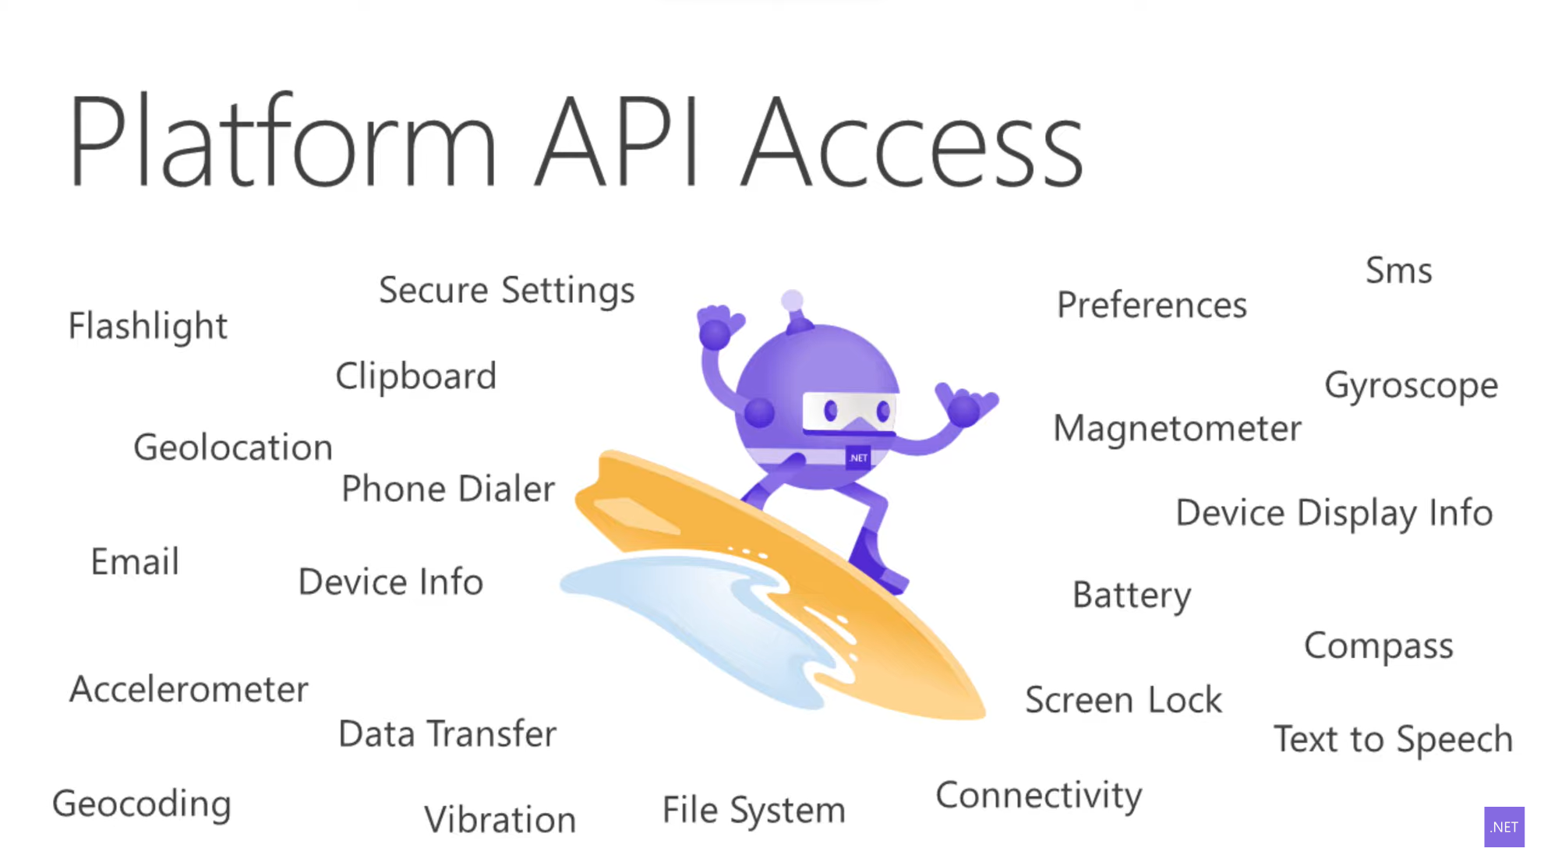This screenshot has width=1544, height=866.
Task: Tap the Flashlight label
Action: click(148, 326)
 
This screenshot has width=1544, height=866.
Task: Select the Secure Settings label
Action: click(507, 291)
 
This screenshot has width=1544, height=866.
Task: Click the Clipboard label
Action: click(415, 376)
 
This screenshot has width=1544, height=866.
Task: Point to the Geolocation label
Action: click(233, 447)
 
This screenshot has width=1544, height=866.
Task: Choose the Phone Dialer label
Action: click(448, 490)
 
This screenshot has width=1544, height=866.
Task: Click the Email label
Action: click(135, 562)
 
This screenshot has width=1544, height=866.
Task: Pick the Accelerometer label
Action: click(189, 690)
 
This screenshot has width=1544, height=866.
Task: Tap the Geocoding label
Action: click(142, 804)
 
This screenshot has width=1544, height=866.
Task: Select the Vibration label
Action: click(500, 820)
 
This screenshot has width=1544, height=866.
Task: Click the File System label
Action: click(754, 811)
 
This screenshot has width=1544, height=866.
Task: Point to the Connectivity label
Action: click(1039, 796)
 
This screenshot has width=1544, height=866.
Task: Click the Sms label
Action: click(1399, 271)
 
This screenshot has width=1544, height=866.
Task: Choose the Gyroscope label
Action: click(1411, 386)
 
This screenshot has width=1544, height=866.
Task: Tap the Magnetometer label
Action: click(1177, 429)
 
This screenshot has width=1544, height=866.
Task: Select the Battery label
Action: click(1132, 596)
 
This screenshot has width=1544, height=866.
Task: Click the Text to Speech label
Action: click(1393, 739)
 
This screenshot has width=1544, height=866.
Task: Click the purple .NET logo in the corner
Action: click(1503, 827)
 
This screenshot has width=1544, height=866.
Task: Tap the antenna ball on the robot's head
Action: click(792, 300)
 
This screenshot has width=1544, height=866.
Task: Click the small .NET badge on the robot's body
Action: click(858, 458)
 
